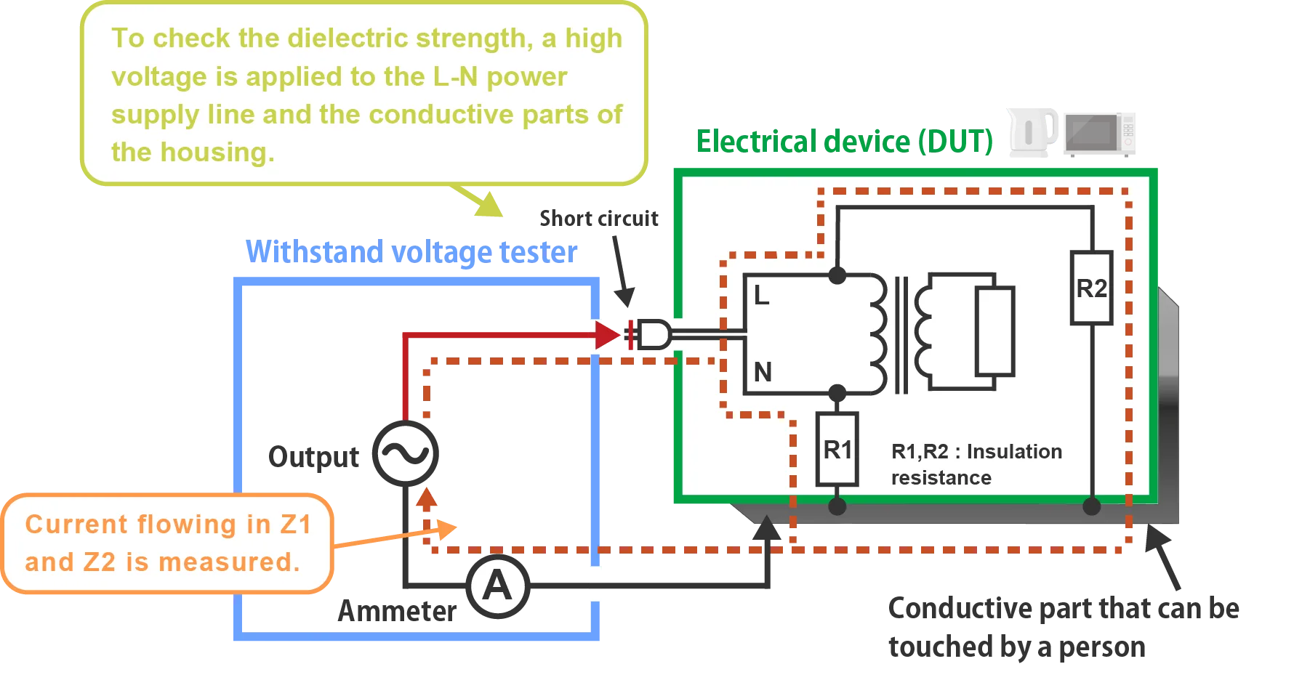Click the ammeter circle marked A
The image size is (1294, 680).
click(x=497, y=586)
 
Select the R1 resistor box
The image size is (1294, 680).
click(x=837, y=450)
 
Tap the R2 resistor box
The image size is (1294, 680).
click(x=1091, y=288)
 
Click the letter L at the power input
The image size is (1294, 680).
click(x=761, y=296)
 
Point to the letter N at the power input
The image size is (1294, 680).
click(x=763, y=372)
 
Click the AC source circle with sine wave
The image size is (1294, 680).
click(x=406, y=453)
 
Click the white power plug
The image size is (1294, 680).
click(x=651, y=335)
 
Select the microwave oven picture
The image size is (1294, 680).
click(x=1098, y=133)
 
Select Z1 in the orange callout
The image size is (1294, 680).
click(x=295, y=525)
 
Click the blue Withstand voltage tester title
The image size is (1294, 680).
click(x=411, y=253)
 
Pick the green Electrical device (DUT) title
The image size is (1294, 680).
click(x=845, y=142)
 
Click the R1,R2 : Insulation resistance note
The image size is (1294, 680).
click(x=976, y=464)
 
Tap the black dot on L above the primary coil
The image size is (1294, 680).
click(x=837, y=275)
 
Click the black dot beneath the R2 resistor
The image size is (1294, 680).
click(x=1091, y=506)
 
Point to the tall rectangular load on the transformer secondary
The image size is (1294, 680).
click(x=994, y=331)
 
